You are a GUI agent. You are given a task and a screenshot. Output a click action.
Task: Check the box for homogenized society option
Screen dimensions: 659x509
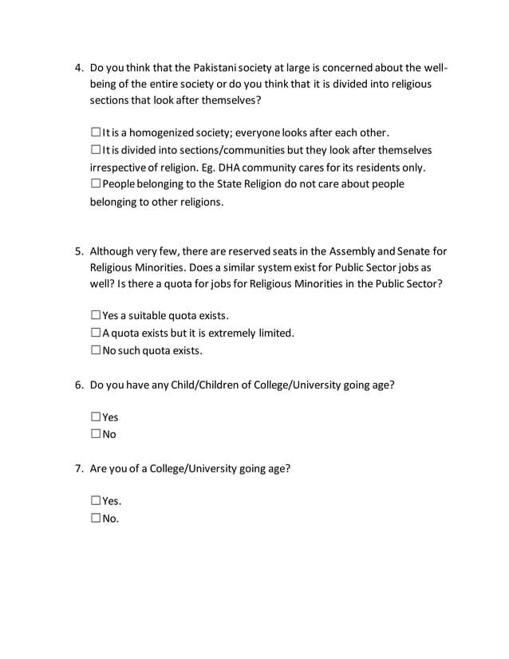(x=96, y=132)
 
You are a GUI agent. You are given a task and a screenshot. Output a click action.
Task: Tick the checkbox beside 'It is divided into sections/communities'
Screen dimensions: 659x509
(x=96, y=150)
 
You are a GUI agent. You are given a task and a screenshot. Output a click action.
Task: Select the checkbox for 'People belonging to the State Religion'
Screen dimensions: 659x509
(x=96, y=184)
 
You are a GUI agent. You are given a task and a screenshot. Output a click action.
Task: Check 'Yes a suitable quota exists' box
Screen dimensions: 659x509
(x=96, y=315)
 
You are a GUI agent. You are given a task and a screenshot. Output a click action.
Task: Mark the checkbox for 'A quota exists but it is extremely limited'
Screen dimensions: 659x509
(x=96, y=333)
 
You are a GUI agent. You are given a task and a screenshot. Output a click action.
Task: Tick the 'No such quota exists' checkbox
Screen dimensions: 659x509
(x=96, y=350)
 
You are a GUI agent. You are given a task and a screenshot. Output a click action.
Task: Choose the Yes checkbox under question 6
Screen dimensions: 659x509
(x=96, y=417)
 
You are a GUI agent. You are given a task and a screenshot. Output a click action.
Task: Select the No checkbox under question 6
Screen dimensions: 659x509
(x=96, y=435)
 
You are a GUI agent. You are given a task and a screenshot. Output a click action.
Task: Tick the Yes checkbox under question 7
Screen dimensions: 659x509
(x=96, y=501)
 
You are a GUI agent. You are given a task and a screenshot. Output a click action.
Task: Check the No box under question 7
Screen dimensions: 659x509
(x=96, y=519)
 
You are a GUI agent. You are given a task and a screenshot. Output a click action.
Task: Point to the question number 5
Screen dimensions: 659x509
(x=78, y=250)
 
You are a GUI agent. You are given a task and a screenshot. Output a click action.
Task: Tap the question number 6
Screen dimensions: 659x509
(x=78, y=385)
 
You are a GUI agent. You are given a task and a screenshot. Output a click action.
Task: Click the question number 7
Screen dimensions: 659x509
(x=78, y=468)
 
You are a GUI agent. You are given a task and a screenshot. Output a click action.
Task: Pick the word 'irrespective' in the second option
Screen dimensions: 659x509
(x=118, y=167)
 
